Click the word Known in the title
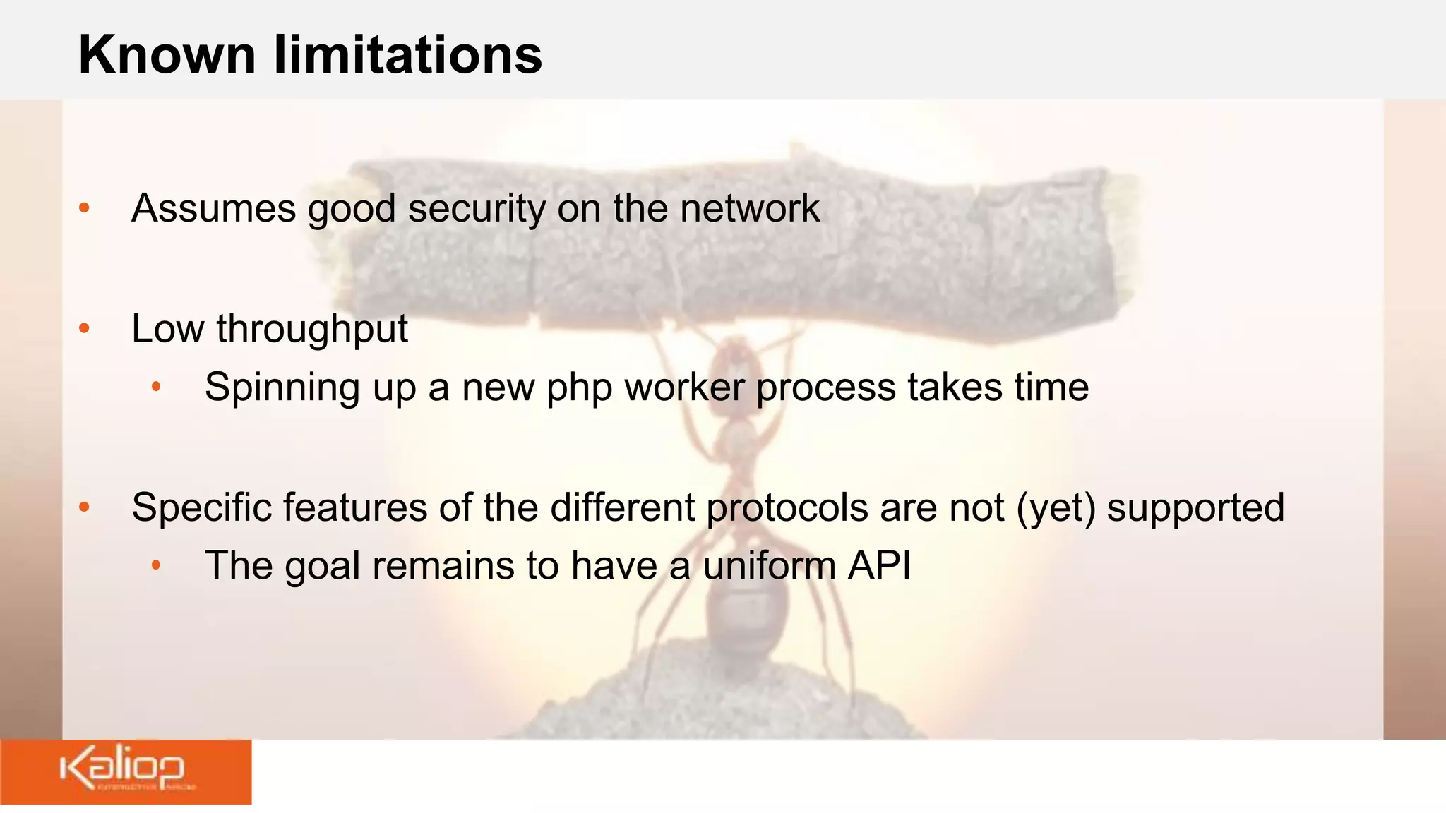coord(167,55)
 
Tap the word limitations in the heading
coord(408,55)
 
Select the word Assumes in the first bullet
coord(213,209)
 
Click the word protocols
coord(787,508)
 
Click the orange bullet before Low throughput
coord(85,328)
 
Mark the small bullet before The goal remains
coord(157,565)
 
